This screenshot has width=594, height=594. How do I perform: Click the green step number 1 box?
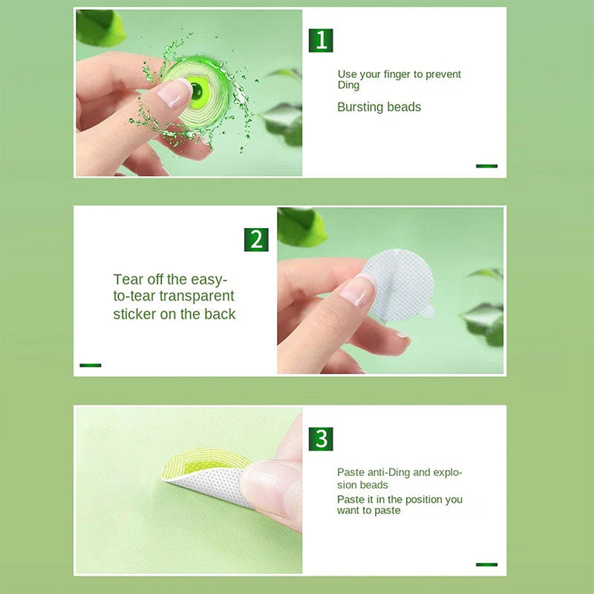pos(321,40)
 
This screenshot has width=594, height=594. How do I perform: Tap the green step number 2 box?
pos(256,239)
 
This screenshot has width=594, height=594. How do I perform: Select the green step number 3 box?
pos(321,439)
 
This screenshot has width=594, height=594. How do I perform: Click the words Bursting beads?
pos(379,107)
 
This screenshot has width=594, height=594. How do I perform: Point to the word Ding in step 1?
pos(348,85)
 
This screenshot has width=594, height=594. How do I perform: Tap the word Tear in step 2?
pos(128,279)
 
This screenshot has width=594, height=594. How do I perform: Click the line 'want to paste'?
pos(368,510)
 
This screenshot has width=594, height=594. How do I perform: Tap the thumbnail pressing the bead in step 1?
pos(174,93)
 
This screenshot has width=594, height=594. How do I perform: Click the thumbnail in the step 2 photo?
pos(357,290)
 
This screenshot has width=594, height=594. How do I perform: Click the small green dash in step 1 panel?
pos(486,166)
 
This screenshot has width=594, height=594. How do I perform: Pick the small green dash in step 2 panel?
pos(90,365)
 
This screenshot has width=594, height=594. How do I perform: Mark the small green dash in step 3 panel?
pos(486,564)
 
